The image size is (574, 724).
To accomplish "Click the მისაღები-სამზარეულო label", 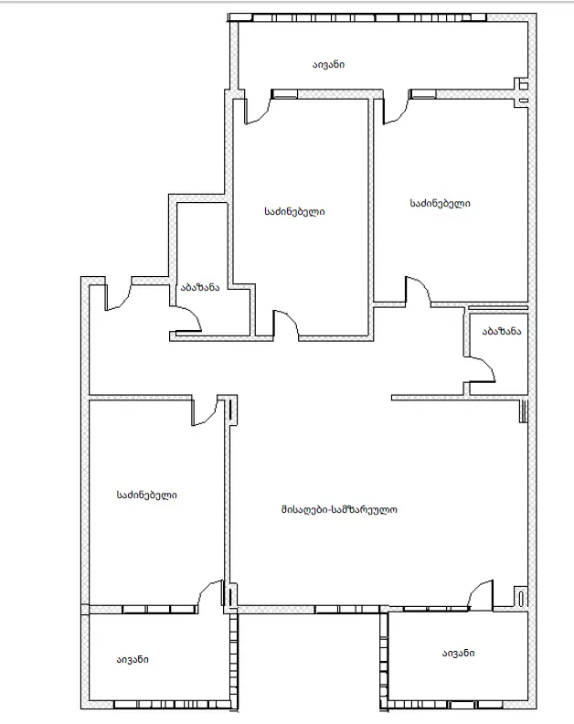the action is (339, 509).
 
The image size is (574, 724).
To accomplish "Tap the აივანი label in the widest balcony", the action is (328, 64).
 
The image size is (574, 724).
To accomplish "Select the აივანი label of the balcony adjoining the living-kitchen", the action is (458, 653).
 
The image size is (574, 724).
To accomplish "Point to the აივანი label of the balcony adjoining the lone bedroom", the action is (133, 659).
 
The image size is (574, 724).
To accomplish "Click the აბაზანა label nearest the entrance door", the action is (200, 287).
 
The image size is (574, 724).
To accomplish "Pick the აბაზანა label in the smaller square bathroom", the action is (502, 331).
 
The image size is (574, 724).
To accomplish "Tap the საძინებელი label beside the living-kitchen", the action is (147, 495).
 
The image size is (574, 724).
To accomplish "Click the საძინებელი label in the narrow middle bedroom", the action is (294, 211).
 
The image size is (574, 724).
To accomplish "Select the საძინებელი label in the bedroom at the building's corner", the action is (440, 203).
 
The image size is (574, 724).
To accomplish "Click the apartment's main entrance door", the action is (118, 297).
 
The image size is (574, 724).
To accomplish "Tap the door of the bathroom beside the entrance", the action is (189, 319).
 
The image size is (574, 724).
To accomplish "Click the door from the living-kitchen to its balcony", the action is (480, 594).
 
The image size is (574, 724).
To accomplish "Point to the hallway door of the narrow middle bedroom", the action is (287, 325).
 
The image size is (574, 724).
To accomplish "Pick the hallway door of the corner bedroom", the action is (419, 291).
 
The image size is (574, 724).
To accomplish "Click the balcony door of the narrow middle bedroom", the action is (257, 111).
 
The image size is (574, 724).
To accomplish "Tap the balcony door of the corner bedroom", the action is (396, 111).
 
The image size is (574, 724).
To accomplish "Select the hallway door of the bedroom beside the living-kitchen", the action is (204, 411).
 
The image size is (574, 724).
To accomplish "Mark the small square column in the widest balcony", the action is (524, 85).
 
